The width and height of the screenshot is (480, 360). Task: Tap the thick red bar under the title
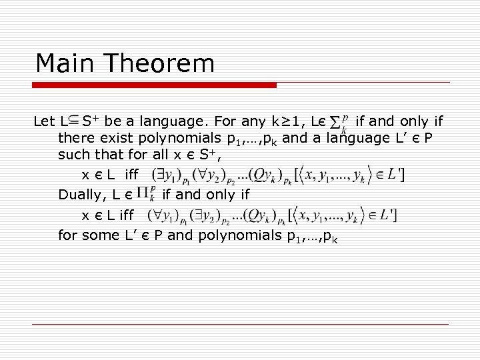(x=155, y=85)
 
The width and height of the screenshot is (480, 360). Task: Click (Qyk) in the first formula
(x=273, y=176)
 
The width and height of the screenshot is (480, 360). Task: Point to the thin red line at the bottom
(x=240, y=324)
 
